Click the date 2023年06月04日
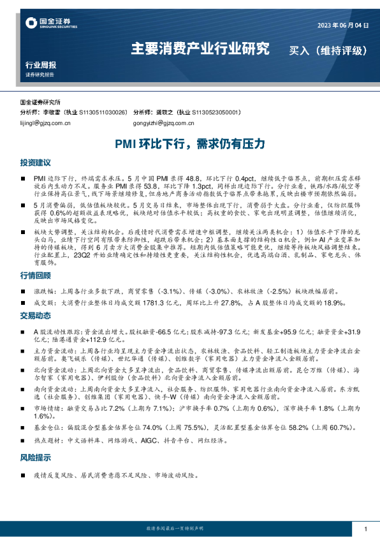343,25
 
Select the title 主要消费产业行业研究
200,48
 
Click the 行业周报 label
40,65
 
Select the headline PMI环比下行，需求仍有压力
190,144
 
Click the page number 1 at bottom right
365,529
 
